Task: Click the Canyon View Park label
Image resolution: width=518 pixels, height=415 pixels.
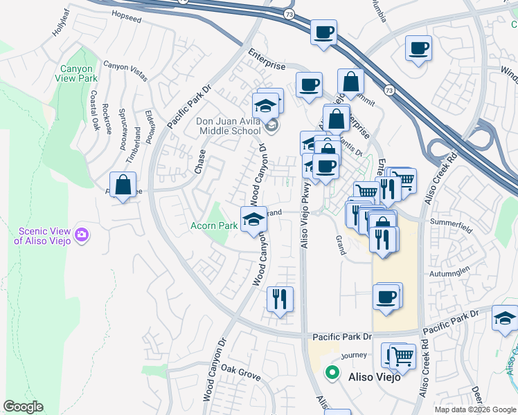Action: [78, 73]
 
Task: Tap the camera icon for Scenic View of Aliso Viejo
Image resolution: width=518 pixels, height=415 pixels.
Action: [82, 235]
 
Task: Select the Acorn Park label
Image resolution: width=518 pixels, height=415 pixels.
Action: [214, 225]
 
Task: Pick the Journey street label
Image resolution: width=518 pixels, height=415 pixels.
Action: [353, 356]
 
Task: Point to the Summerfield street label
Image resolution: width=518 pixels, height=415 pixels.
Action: [450, 222]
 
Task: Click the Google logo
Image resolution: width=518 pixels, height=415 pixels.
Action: [23, 407]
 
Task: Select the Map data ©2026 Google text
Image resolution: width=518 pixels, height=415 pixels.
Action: [475, 409]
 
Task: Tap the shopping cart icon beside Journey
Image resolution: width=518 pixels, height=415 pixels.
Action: [402, 356]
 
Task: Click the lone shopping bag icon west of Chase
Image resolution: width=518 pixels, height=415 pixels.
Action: [123, 185]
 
